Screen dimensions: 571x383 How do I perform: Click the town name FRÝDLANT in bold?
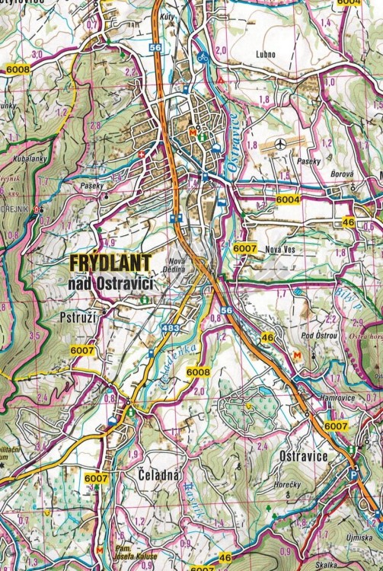tap(111, 261)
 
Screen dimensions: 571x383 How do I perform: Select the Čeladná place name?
tap(159, 475)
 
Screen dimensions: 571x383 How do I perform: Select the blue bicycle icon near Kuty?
tap(203, 56)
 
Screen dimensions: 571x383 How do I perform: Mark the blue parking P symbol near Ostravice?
tap(353, 472)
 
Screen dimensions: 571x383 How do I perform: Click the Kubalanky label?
tap(28, 159)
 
